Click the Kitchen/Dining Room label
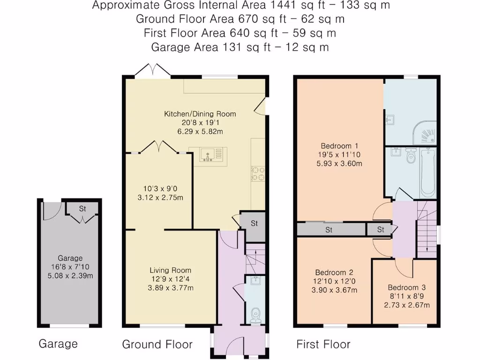coord(200,114)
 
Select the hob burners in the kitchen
coord(257,174)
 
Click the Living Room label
coord(170,270)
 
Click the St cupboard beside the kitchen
coord(254,224)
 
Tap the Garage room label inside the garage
coord(70,258)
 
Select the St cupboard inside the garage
coord(82,209)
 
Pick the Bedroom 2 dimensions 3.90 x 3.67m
coord(334,290)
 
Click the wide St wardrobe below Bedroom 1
coord(330,230)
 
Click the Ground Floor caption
coord(157,345)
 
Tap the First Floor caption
coord(323,345)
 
